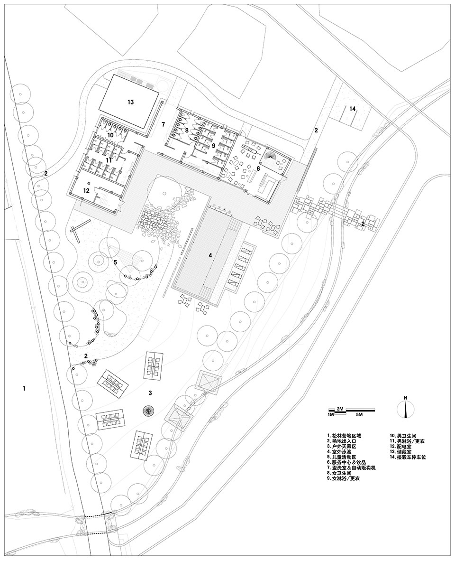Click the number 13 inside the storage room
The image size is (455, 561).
(130, 102)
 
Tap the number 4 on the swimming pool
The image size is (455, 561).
(210, 255)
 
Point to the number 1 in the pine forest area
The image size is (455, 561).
(24, 389)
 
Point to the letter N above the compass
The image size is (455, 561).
(405, 398)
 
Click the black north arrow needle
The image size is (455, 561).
(405, 410)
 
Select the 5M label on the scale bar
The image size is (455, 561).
(359, 415)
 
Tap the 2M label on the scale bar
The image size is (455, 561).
(340, 409)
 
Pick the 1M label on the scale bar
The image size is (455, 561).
(331, 415)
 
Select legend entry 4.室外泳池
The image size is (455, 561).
(342, 452)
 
